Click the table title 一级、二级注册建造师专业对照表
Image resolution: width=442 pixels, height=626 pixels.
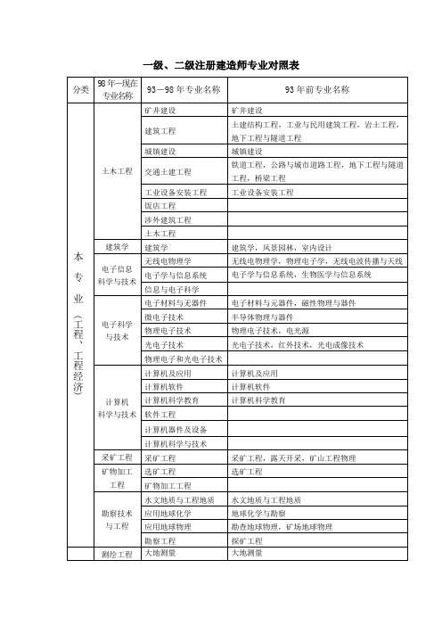point(221,66)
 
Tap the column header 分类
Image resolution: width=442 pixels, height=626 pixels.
point(79,90)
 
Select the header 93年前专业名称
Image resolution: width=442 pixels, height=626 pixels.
point(316,90)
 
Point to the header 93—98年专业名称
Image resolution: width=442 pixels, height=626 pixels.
point(184,90)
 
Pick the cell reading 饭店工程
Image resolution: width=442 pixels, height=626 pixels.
point(160,206)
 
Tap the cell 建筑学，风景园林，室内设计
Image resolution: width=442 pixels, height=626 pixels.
point(281,247)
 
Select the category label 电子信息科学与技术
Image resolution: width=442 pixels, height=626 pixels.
point(118,275)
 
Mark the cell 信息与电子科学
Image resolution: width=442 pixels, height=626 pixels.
point(171,290)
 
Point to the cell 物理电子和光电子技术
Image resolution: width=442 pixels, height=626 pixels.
point(183,358)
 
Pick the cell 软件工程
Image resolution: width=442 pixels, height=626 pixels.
point(160,415)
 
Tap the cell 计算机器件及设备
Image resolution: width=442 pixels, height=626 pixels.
point(174,429)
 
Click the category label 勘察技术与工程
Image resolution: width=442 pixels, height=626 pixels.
point(118,520)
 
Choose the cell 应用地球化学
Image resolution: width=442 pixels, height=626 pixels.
point(167,513)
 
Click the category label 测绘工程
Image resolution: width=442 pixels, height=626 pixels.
point(118,555)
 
